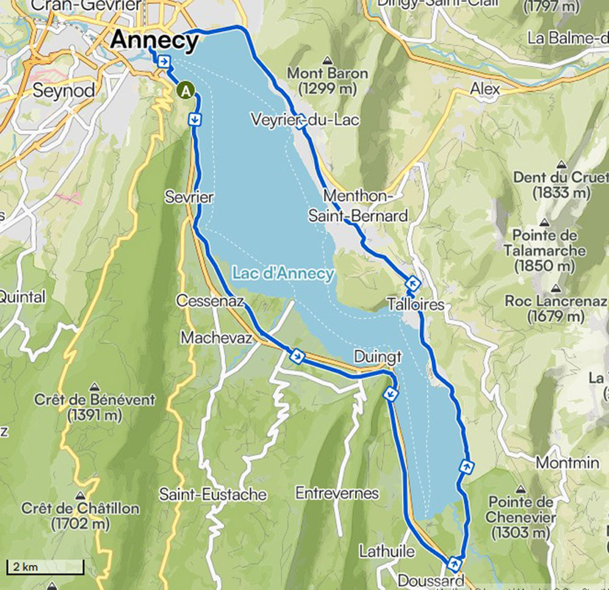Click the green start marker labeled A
(186, 91)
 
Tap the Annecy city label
(155, 41)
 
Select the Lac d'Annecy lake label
(282, 273)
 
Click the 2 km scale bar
(45, 567)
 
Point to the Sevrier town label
(189, 197)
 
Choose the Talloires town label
(415, 304)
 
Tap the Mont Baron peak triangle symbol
(328, 60)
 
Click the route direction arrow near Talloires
(413, 283)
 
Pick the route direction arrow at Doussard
(454, 562)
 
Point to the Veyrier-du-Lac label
(306, 119)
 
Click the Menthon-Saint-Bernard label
(357, 206)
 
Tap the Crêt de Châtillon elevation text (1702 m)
(80, 523)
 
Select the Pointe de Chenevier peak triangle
(521, 489)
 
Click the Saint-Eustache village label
(213, 494)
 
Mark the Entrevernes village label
(337, 492)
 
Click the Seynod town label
(63, 91)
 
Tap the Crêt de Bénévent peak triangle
(94, 386)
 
